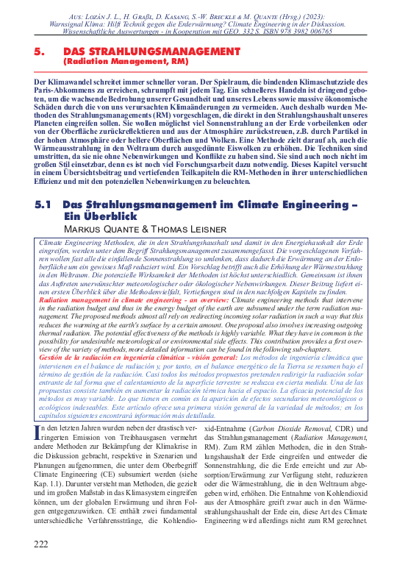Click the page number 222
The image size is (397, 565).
(x=41, y=544)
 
